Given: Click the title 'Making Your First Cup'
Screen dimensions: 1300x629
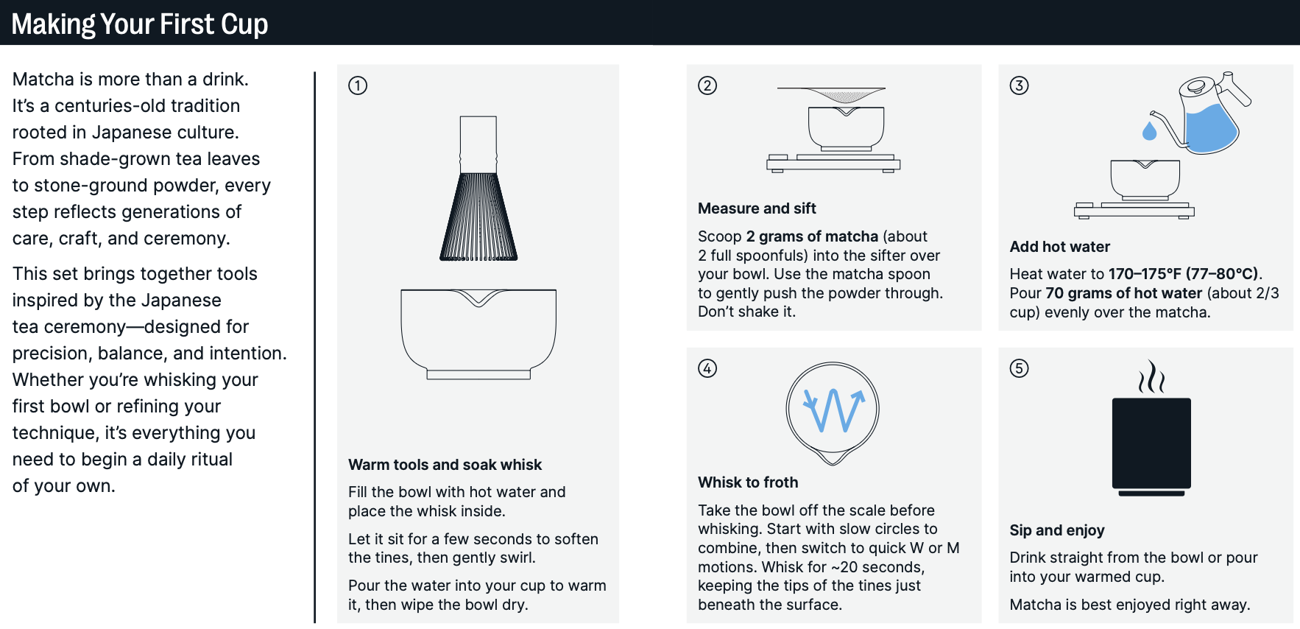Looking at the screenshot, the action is pyautogui.click(x=140, y=24).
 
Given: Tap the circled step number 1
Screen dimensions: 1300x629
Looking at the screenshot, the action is pyautogui.click(x=358, y=85).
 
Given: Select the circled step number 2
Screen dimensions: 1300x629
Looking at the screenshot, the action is pyautogui.click(x=707, y=85).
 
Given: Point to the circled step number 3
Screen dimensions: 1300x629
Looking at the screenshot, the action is pyautogui.click(x=1020, y=85).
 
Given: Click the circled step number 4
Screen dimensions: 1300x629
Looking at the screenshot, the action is pyautogui.click(x=707, y=368).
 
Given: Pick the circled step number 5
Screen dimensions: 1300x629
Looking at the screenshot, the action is pyautogui.click(x=1020, y=368).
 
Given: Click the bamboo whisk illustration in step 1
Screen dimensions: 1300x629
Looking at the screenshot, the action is pyautogui.click(x=478, y=189).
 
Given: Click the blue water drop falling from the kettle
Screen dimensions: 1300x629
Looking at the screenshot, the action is pyautogui.click(x=1149, y=130).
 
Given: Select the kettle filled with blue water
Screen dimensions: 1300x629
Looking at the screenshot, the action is pyautogui.click(x=1207, y=114).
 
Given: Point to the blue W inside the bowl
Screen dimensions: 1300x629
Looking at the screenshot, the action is pyautogui.click(x=833, y=410).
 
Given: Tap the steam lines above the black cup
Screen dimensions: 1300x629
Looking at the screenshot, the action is pyautogui.click(x=1151, y=376).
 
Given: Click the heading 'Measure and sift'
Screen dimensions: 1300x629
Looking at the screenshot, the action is pyautogui.click(x=757, y=208).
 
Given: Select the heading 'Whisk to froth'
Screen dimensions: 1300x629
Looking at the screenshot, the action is pyautogui.click(x=748, y=482).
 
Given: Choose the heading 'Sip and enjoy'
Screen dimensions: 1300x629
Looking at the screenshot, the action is pyautogui.click(x=1057, y=530).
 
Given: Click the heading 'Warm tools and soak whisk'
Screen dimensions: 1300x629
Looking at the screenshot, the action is pyautogui.click(x=445, y=465).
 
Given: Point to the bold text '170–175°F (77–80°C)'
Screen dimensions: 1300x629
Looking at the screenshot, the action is pyautogui.click(x=1184, y=274).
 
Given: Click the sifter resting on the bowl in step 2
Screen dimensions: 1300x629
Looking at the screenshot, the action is pyautogui.click(x=832, y=95).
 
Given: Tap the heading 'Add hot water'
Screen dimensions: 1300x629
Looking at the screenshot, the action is pyautogui.click(x=1059, y=247).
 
